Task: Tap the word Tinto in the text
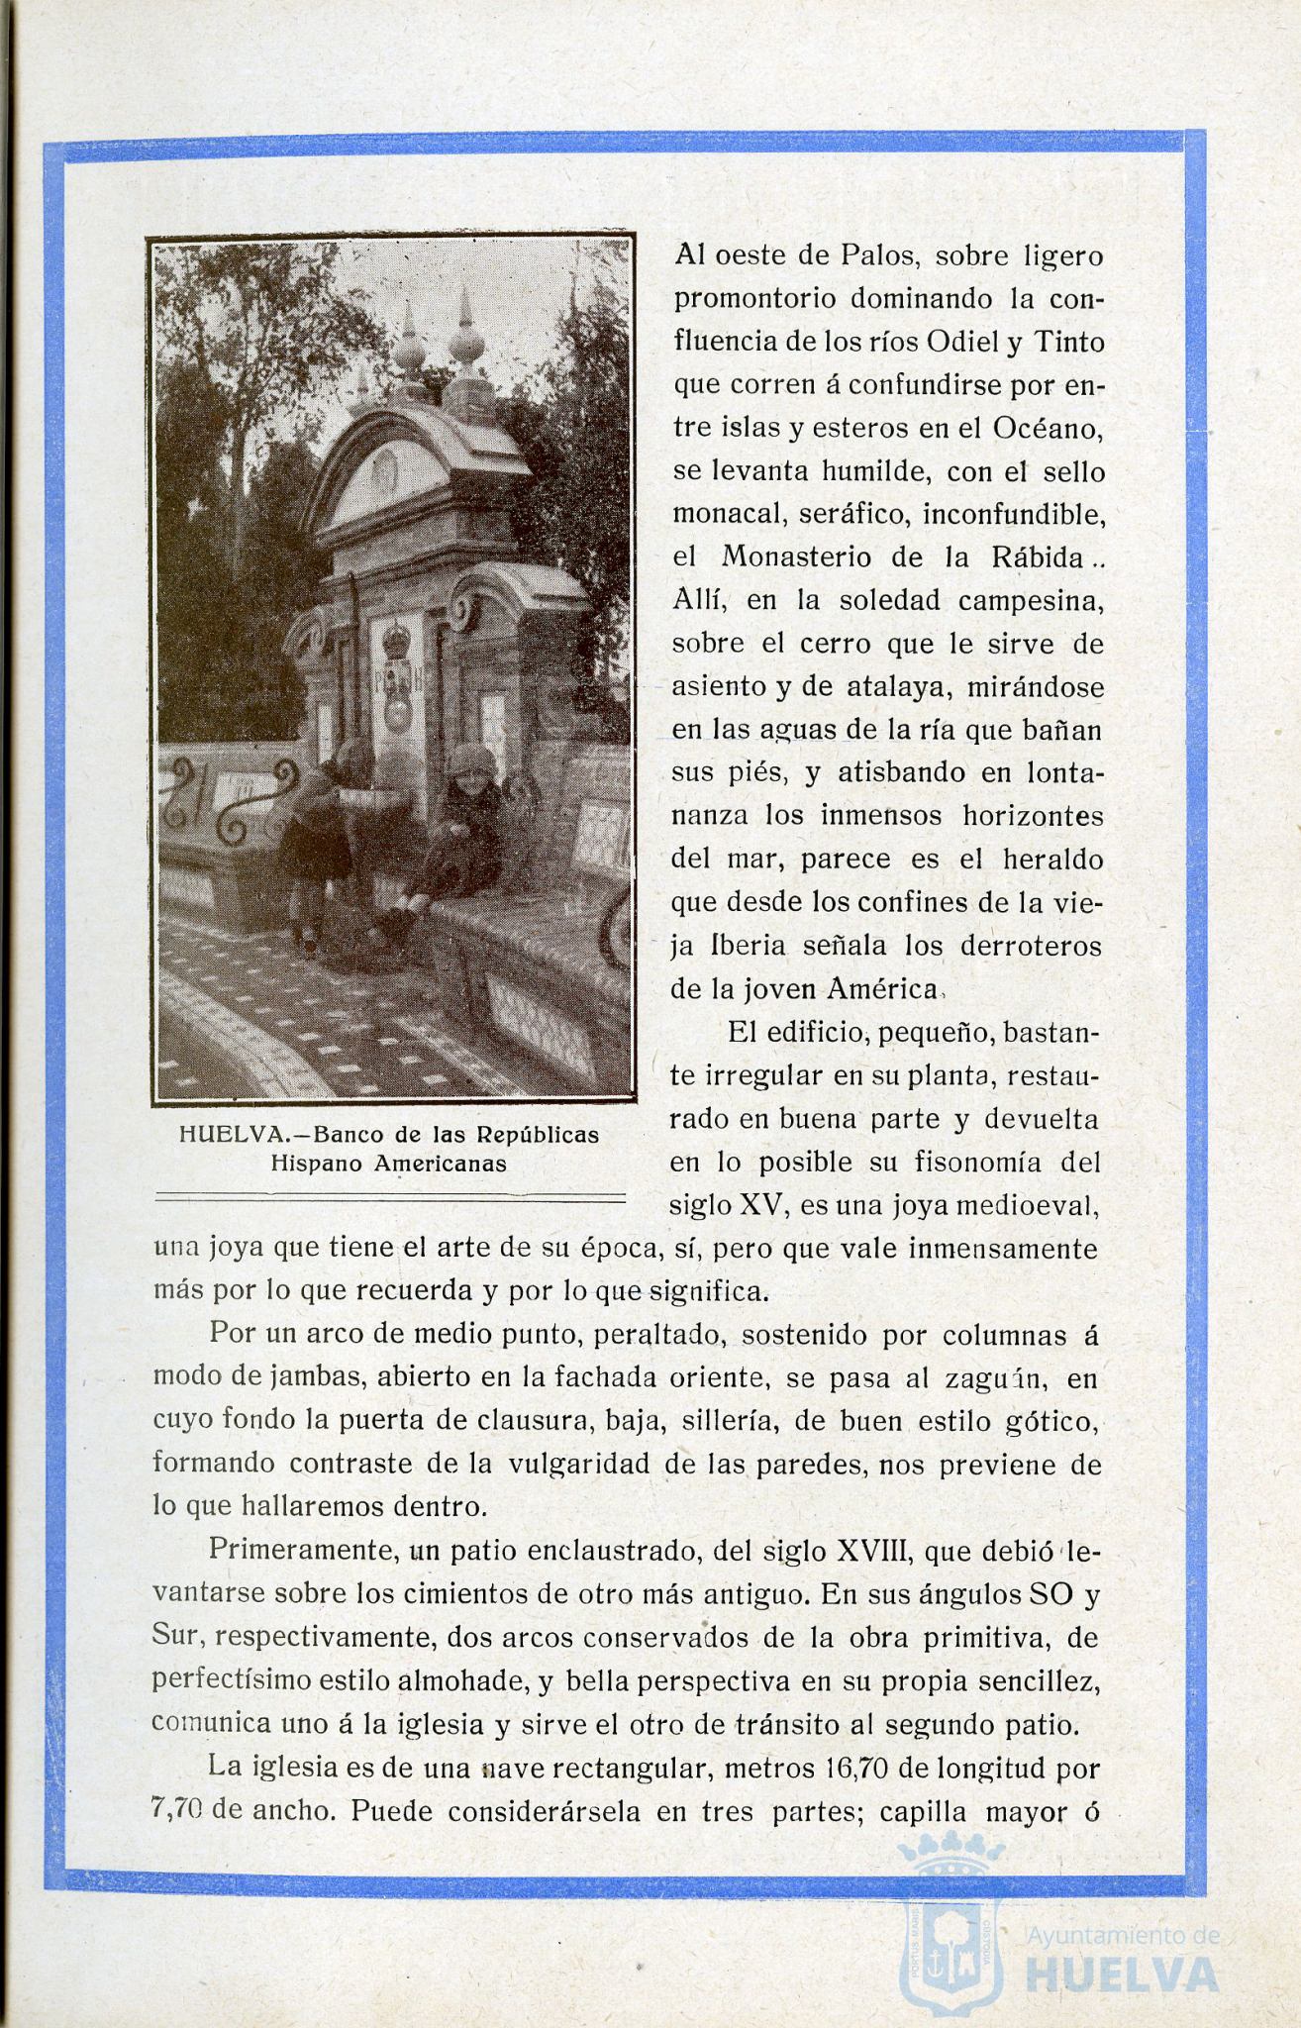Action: pyautogui.click(x=1068, y=343)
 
